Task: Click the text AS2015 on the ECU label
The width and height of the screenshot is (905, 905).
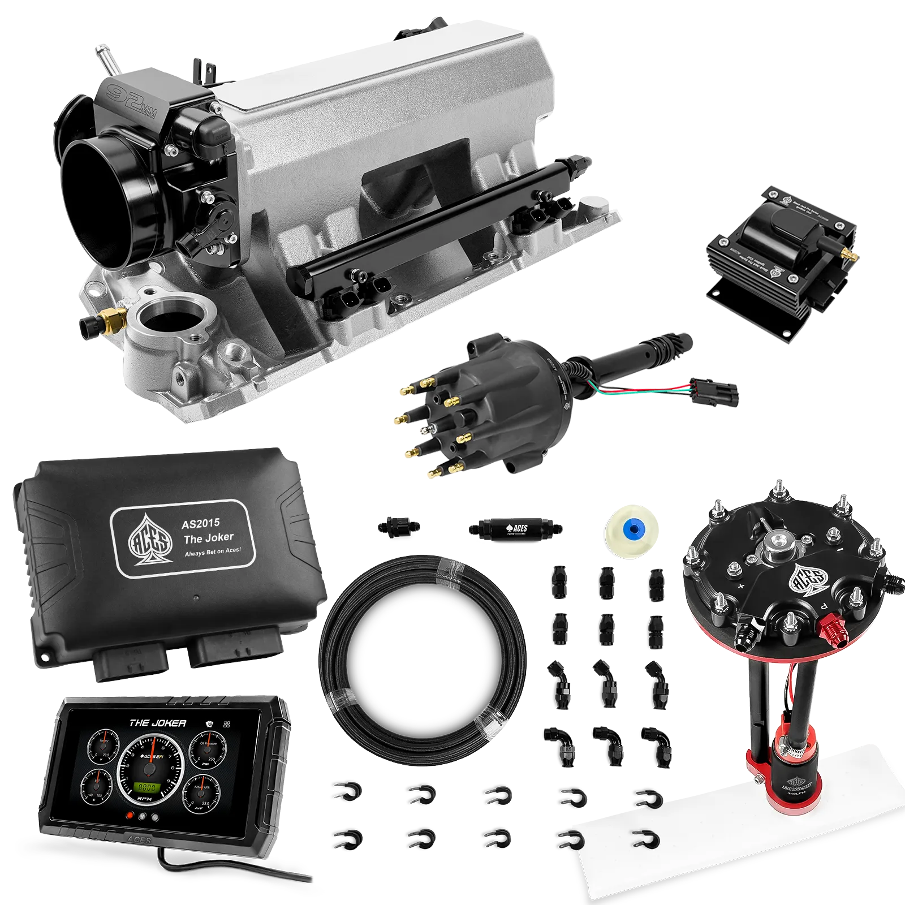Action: [x=200, y=523]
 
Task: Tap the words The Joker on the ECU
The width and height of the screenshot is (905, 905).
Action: [x=208, y=537]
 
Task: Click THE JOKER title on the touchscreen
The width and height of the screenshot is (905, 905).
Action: [x=157, y=723]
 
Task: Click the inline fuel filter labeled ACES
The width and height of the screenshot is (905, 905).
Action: [x=514, y=529]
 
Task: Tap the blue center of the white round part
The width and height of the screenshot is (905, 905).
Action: [x=632, y=529]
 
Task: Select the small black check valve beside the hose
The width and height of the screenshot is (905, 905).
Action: [x=398, y=526]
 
